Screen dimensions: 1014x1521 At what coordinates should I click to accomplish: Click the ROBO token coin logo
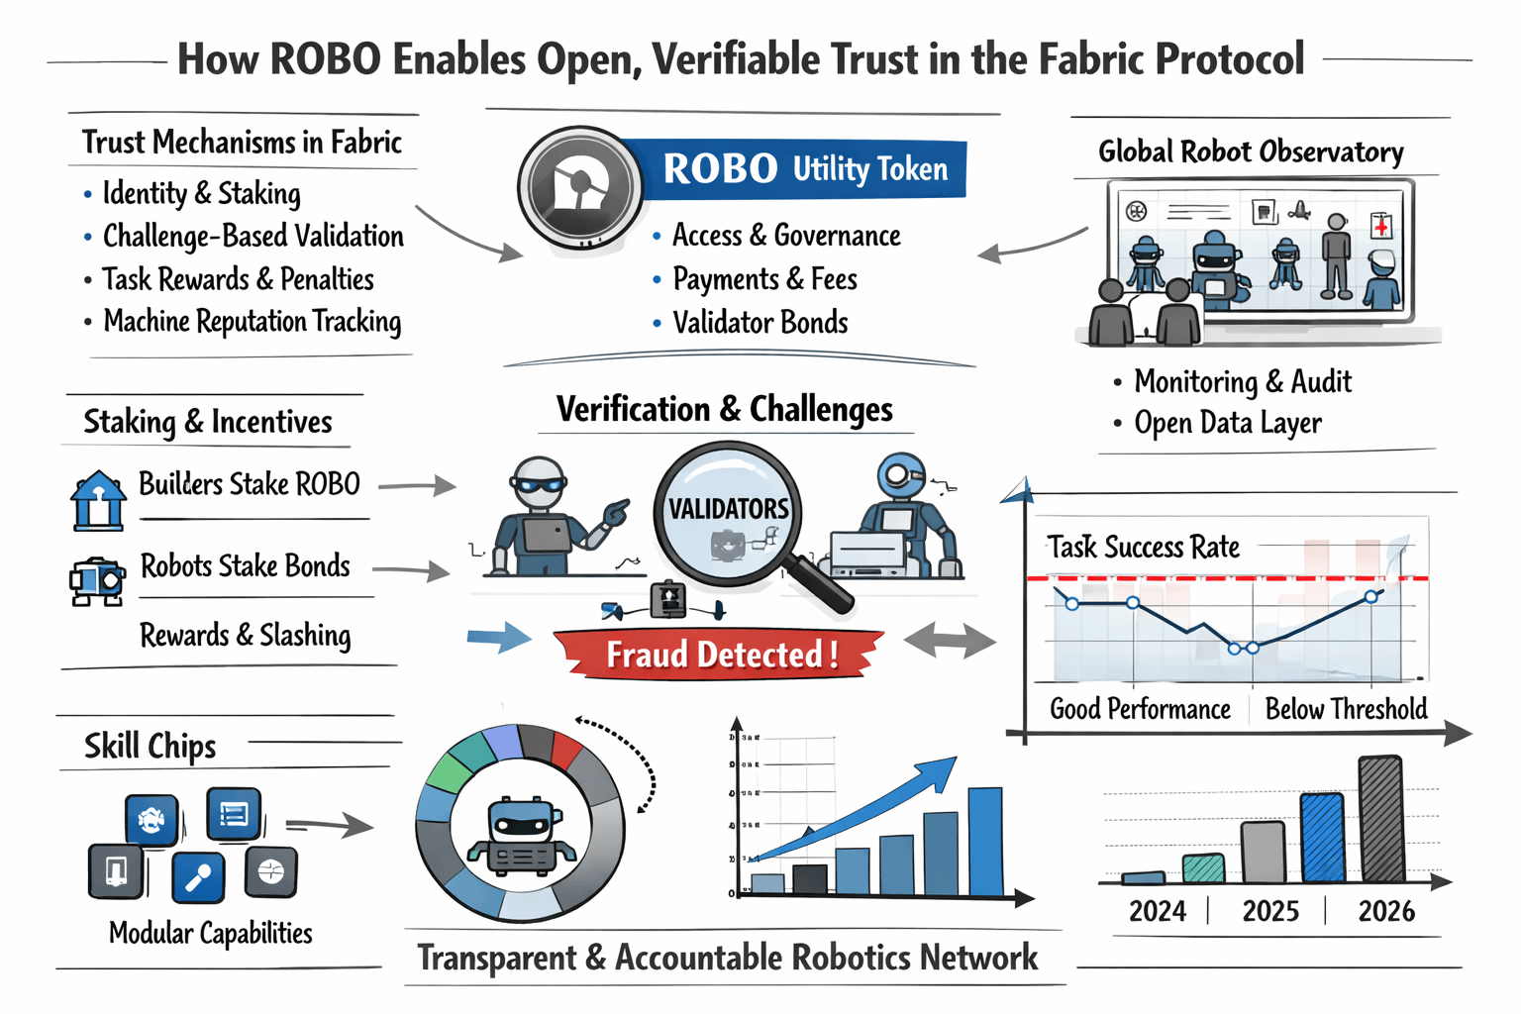579,186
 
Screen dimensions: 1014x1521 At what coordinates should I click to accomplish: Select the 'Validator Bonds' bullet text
760,323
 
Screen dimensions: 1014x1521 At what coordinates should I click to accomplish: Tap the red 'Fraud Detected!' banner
720,655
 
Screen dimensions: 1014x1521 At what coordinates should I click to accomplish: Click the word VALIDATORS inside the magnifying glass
729,509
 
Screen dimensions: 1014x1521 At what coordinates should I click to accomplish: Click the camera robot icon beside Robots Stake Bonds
96,579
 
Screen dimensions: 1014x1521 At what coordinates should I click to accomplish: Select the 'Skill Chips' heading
150,746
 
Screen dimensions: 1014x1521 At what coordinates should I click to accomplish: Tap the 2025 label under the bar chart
1270,911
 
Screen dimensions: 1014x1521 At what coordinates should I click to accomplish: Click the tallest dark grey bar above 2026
1381,819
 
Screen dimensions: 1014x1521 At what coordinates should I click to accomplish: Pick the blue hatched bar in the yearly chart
1322,838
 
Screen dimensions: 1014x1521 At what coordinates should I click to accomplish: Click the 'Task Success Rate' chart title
1144,547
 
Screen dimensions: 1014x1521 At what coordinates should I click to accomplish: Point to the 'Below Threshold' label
1346,709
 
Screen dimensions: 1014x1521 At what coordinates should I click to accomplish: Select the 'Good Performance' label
1140,709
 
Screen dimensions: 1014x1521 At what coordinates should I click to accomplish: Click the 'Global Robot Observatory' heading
1251,152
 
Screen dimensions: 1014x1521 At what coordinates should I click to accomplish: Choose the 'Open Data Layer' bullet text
1228,423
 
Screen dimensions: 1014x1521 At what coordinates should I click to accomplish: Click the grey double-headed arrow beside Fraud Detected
950,640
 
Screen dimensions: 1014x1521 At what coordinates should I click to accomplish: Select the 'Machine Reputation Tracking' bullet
252,322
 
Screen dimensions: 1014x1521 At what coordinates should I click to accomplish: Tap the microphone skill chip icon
198,877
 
